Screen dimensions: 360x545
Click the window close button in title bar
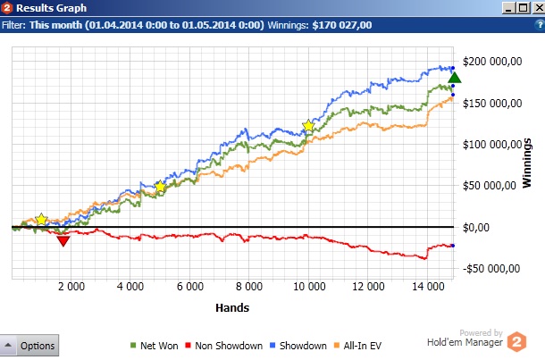535,8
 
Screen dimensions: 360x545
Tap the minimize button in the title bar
507,8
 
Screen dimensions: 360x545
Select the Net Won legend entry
153,346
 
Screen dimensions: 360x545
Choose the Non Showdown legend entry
225,346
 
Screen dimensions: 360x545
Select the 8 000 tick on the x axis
248,287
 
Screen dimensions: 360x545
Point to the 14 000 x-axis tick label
428,287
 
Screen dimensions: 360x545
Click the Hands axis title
232,307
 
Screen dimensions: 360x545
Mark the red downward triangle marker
63,240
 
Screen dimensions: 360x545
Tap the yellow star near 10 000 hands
309,126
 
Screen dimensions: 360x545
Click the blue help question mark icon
537,25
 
